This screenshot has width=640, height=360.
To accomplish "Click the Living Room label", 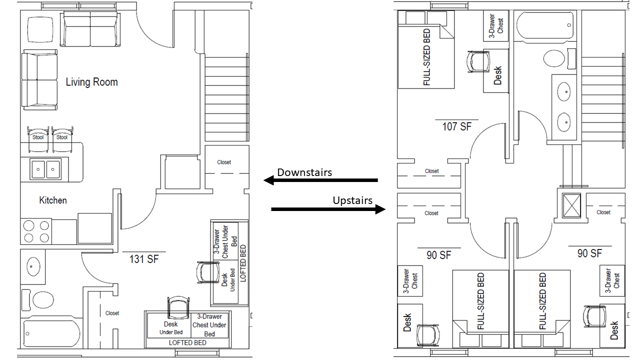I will click(x=92, y=82).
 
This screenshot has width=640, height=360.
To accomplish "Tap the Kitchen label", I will click(x=53, y=200).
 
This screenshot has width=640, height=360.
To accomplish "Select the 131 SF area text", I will click(x=143, y=259).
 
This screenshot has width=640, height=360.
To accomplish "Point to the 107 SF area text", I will click(x=456, y=126).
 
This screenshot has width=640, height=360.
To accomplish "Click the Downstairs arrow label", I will click(x=304, y=172).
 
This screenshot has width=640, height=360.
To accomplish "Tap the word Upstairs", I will click(x=352, y=200).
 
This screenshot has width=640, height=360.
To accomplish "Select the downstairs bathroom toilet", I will click(x=43, y=300).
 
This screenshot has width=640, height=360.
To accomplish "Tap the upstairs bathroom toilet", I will click(x=553, y=58).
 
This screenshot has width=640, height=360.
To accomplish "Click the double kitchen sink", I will click(x=45, y=168).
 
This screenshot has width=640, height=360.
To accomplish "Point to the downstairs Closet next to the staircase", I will click(x=224, y=162).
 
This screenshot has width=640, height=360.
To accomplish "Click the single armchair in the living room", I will click(x=40, y=29).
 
